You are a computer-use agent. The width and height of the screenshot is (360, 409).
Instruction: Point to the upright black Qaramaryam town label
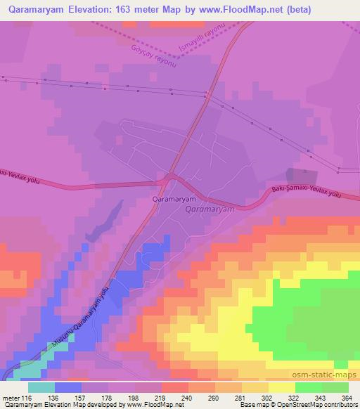pyautogui.click(x=172, y=199)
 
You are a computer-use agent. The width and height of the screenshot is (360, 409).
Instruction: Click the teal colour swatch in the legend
pyautogui.click(x=41, y=387)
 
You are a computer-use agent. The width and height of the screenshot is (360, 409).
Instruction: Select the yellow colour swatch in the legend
pyautogui.click(x=282, y=387)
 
